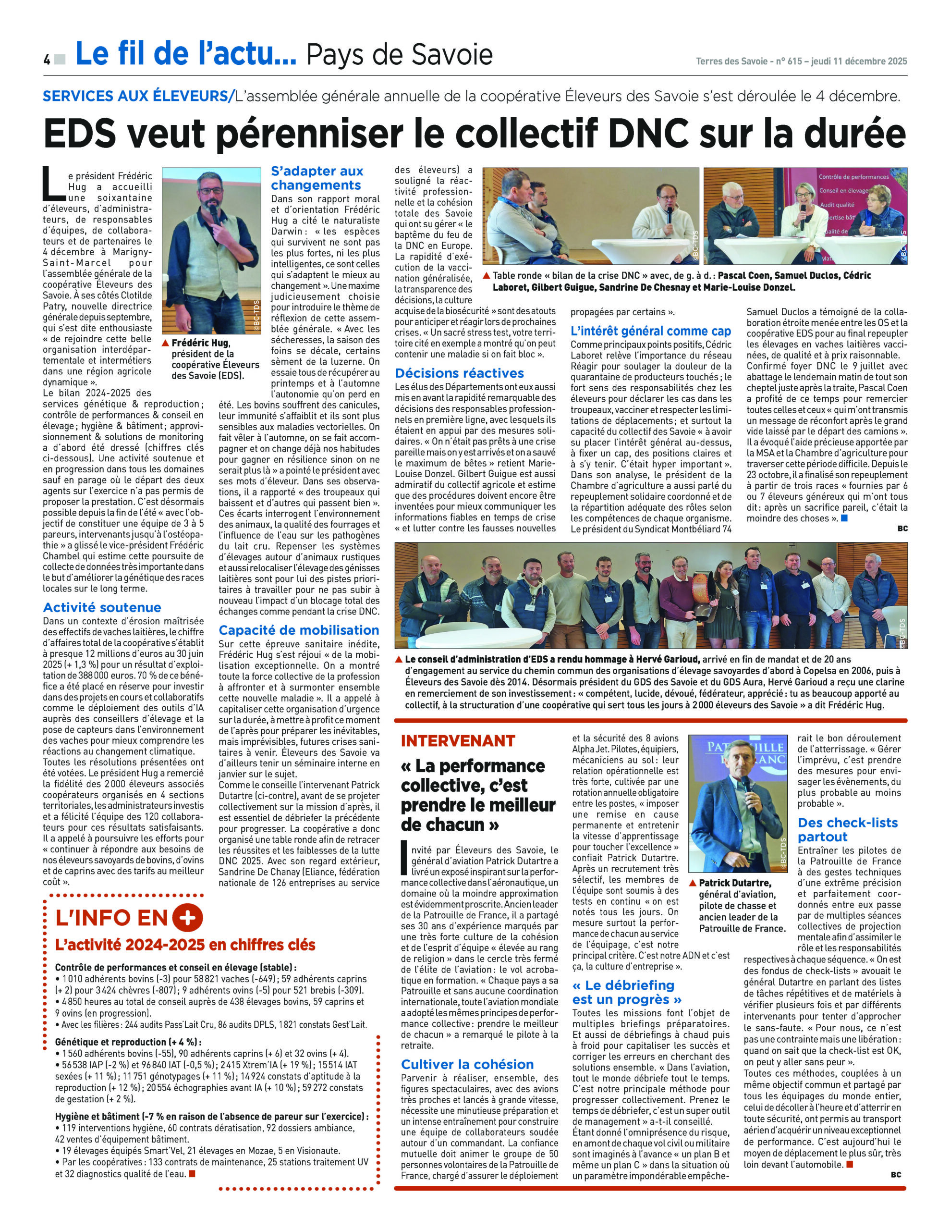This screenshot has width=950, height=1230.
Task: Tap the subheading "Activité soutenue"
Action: [x=102, y=607]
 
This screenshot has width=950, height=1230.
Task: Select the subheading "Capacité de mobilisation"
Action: [x=298, y=629]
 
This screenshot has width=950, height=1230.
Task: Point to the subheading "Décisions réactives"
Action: [x=459, y=373]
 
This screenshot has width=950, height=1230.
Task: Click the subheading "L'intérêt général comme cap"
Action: [x=650, y=331]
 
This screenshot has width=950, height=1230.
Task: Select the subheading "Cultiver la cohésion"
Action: [x=467, y=1064]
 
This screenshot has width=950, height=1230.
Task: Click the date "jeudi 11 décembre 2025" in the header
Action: [x=859, y=61]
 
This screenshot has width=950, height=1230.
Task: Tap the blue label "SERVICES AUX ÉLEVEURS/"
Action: [x=138, y=96]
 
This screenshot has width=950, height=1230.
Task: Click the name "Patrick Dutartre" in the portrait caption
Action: [x=735, y=883]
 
